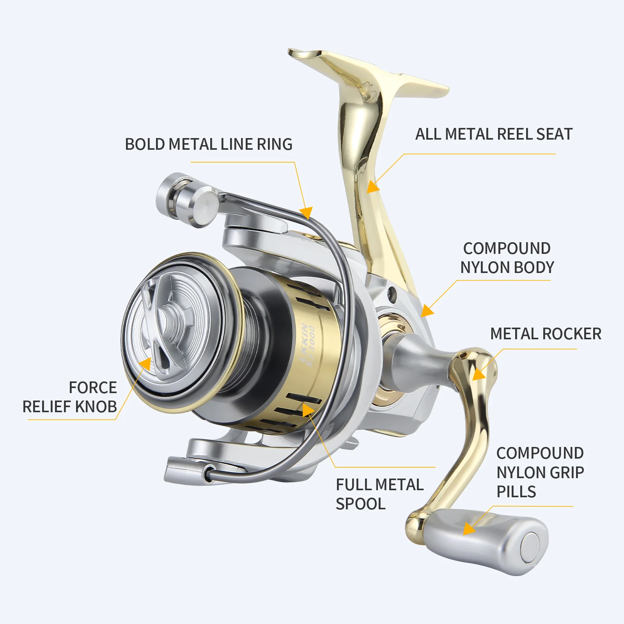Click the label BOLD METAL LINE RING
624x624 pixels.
click(209, 144)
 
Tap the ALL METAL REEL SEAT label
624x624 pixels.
click(494, 134)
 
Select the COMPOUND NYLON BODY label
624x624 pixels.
click(507, 258)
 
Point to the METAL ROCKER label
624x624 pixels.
click(546, 334)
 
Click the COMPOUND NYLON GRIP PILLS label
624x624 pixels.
click(540, 472)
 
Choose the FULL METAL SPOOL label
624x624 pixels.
click(379, 494)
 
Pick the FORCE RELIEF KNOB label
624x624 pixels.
click(70, 397)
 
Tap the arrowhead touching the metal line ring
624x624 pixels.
click(306, 213)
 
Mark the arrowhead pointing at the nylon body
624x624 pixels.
click(427, 310)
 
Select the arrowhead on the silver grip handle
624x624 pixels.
click(469, 529)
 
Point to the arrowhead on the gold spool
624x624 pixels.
click(309, 410)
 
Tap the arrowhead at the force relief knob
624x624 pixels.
click(145, 363)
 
